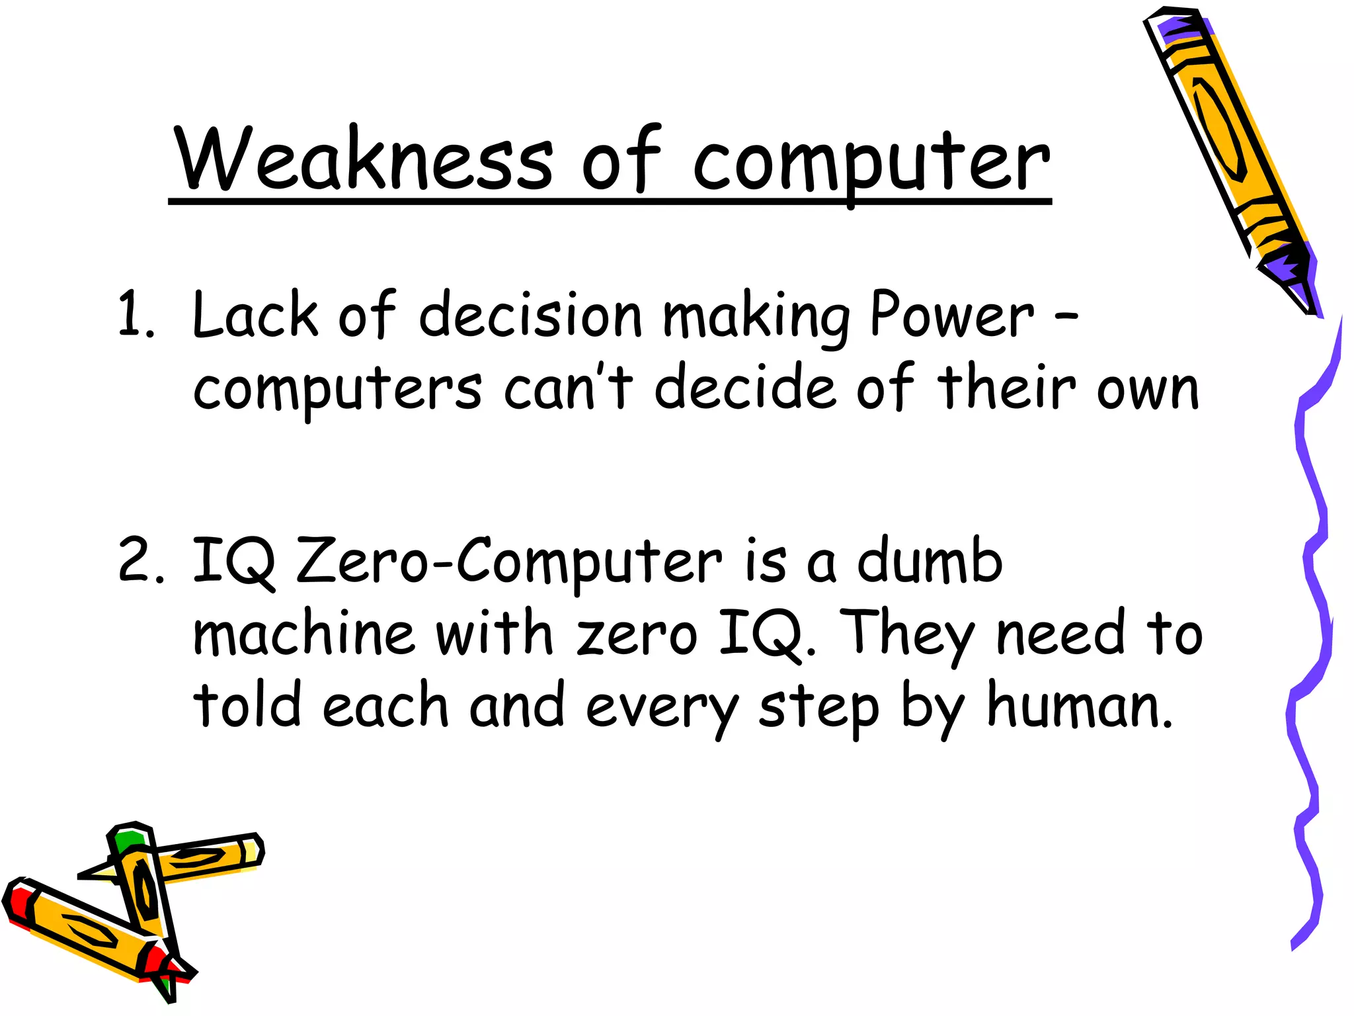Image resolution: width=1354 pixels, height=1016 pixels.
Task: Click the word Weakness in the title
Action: (x=364, y=159)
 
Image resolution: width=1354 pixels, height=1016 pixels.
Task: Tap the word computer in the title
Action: (x=871, y=162)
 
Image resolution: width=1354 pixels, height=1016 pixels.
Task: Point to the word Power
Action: (x=951, y=316)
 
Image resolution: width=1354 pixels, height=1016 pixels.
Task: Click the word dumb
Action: (x=930, y=561)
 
